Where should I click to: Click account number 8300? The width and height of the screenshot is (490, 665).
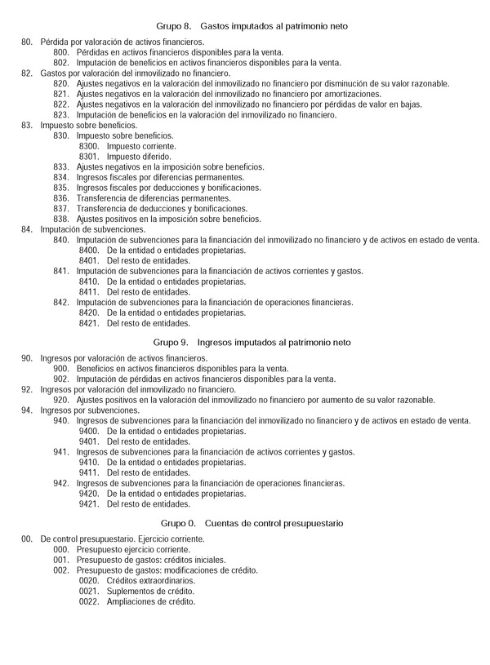point(88,146)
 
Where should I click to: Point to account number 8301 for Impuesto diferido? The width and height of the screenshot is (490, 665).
point(88,157)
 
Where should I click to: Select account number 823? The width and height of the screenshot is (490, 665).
point(61,115)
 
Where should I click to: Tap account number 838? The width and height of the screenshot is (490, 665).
point(61,219)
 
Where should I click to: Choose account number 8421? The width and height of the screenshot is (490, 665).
point(88,323)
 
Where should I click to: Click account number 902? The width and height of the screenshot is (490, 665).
point(61,379)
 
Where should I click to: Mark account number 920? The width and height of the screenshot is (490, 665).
point(61,400)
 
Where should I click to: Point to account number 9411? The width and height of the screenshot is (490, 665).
point(88,472)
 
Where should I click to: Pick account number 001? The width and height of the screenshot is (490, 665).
point(61,561)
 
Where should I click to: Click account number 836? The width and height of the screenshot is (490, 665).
point(61,198)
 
